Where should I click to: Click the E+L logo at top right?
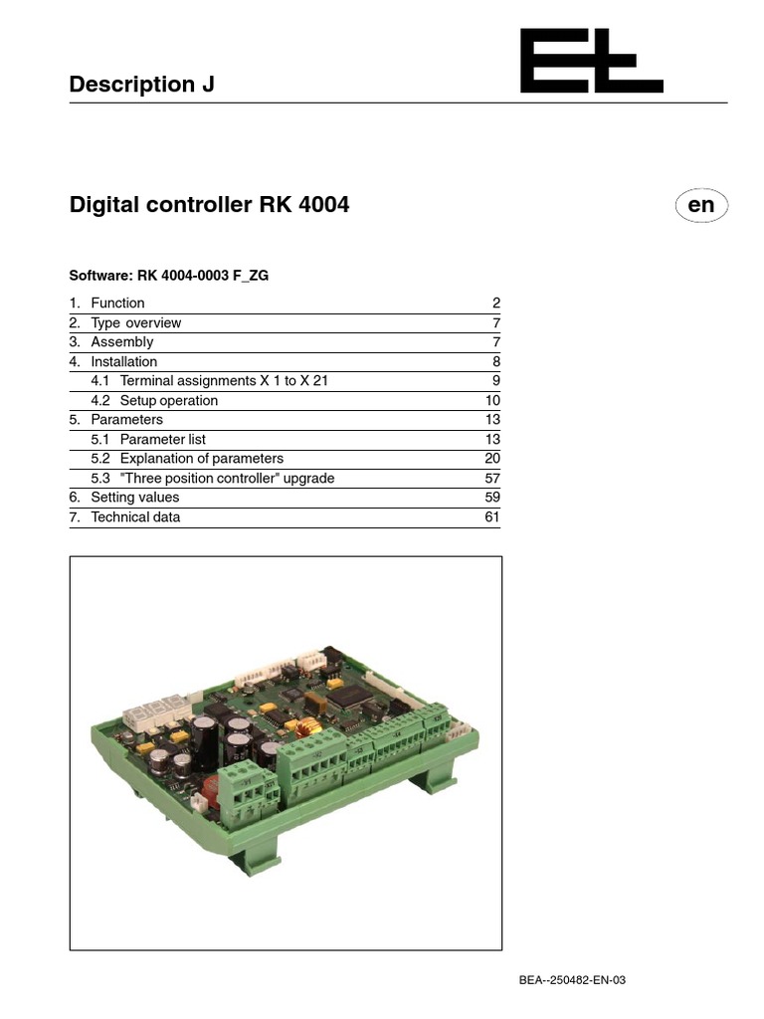(591, 62)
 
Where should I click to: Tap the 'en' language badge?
(701, 205)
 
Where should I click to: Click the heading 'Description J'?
(141, 85)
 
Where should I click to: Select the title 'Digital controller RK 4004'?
(209, 205)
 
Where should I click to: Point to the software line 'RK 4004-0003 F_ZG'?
(168, 276)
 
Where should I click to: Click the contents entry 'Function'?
(117, 304)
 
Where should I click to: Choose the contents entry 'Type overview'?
(135, 322)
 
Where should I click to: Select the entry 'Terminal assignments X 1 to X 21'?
(224, 381)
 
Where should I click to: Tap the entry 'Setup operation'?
(168, 400)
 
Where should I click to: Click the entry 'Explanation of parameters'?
(201, 459)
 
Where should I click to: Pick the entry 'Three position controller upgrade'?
(227, 478)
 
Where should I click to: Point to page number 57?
(492, 478)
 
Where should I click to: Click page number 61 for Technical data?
(492, 516)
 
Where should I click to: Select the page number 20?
(492, 459)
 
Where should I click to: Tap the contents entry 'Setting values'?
(135, 498)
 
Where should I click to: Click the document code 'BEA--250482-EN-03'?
(572, 980)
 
